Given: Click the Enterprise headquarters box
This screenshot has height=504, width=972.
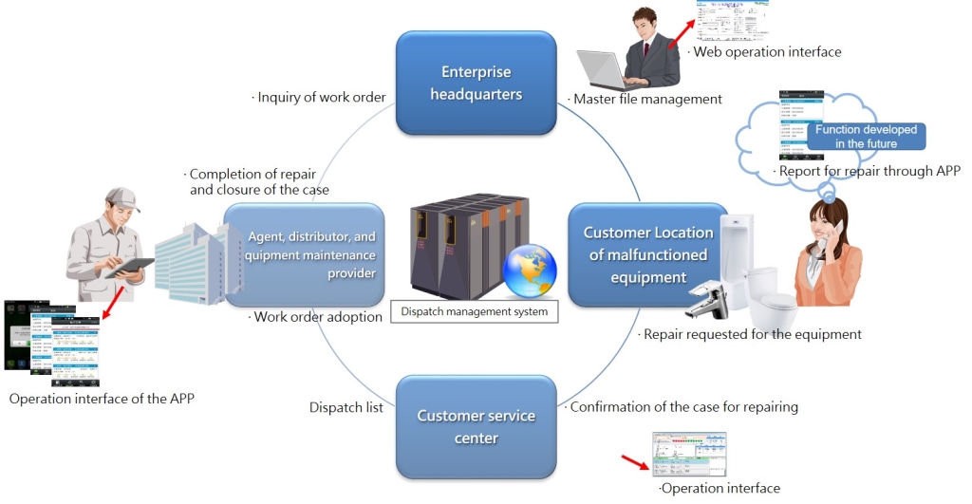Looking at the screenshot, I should pos(475,84).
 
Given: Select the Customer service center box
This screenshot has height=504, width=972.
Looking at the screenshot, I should pos(475,427).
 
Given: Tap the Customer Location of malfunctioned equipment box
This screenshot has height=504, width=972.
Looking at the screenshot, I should pos(647,255).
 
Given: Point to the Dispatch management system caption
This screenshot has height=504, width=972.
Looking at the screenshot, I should pos(474,311).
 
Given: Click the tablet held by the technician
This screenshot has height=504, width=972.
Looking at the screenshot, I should pos(128,268).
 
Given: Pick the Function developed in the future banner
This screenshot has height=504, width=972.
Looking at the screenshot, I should pos(866,137).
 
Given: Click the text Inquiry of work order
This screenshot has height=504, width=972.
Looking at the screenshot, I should pos(319,97).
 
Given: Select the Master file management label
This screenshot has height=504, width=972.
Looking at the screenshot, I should pos(645,99).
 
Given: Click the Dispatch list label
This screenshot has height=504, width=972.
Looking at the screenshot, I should pos(346,407).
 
